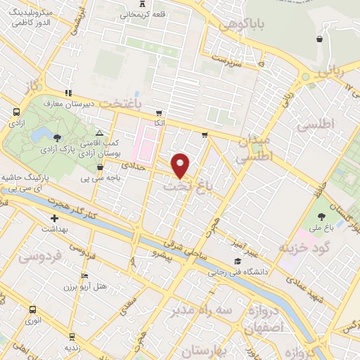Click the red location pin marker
(181, 165)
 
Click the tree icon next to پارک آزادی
(57, 137)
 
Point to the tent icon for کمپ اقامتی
(99, 132)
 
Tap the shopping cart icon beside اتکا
(159, 112)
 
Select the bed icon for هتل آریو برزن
(85, 276)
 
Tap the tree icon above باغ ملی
(322, 216)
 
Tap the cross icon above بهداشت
(54, 219)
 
